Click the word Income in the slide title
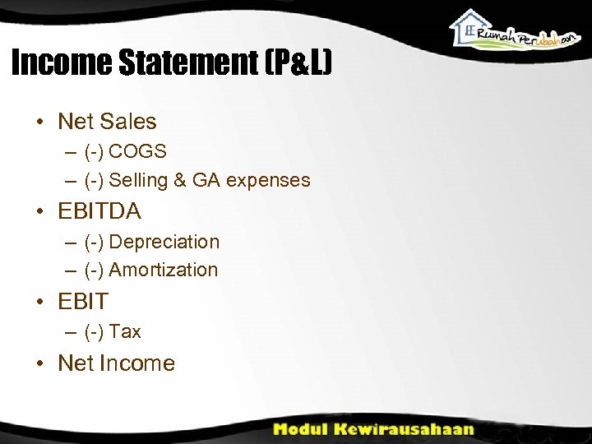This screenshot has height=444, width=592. click(61, 62)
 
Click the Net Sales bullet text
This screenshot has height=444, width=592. click(107, 122)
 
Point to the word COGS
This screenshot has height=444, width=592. click(137, 151)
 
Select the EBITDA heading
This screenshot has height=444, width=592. click(99, 211)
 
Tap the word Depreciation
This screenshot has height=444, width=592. click(164, 242)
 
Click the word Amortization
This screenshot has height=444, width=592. click(164, 270)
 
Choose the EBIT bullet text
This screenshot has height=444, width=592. click(83, 301)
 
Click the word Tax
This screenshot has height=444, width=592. click(125, 331)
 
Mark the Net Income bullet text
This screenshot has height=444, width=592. click(116, 363)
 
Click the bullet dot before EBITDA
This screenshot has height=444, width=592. click(39, 212)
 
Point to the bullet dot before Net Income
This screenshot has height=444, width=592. click(39, 363)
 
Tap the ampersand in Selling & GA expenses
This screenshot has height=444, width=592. click(180, 180)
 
